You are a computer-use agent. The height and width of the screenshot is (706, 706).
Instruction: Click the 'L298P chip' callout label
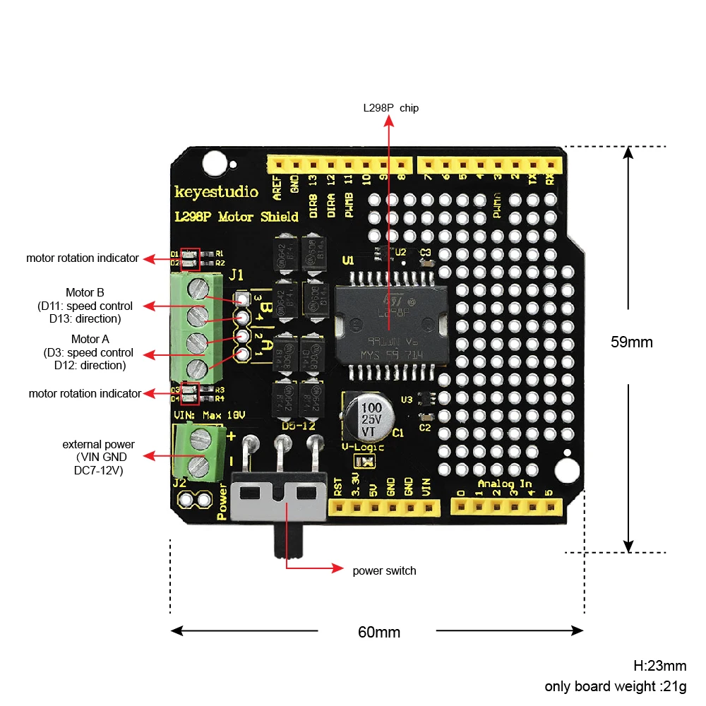tap(390, 108)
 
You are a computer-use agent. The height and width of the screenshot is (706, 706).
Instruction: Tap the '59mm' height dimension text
tap(631, 342)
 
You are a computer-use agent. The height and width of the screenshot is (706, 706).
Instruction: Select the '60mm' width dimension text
tap(378, 632)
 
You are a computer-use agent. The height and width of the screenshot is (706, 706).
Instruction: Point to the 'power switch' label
tap(384, 570)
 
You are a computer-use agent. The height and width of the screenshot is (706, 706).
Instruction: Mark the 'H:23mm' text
tap(659, 665)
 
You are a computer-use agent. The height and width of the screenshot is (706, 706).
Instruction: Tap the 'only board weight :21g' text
tap(615, 686)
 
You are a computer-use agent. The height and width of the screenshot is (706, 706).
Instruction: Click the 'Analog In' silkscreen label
tap(504, 484)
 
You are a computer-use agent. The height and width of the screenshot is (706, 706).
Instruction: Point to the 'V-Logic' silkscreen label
tap(363, 447)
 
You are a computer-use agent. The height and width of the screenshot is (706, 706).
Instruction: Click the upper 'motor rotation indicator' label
tap(83, 258)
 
